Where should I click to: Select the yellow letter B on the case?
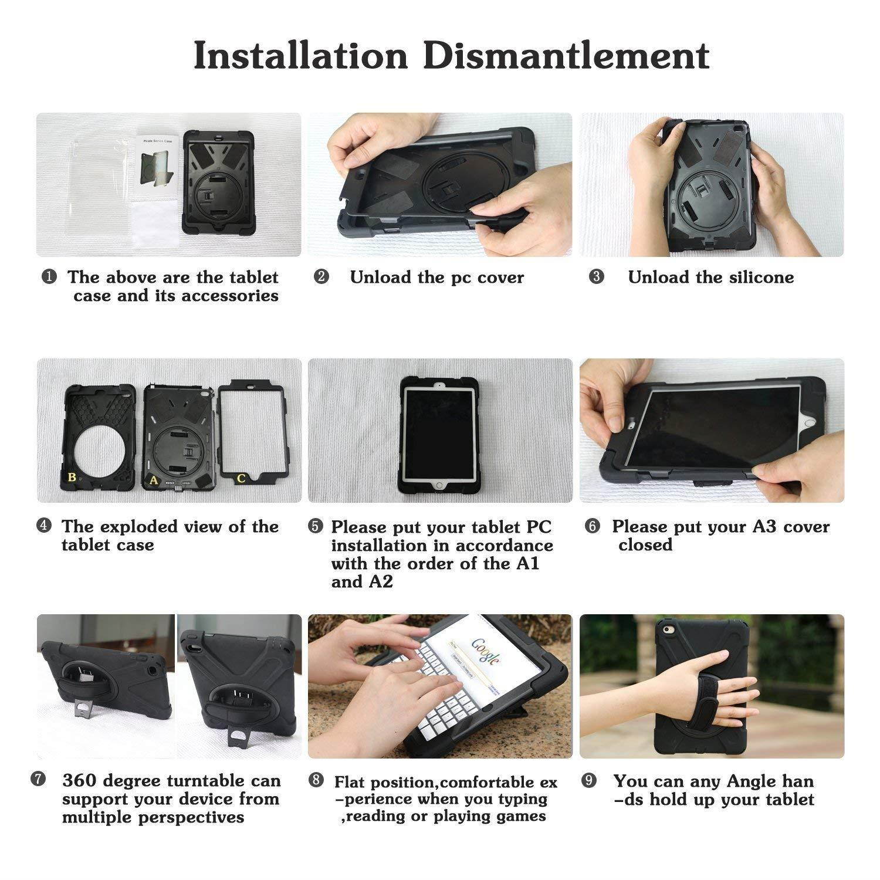[x=72, y=477]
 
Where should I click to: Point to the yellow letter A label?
[x=154, y=480]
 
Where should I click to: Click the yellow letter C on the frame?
[x=241, y=478]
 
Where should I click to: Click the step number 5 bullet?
[x=315, y=527]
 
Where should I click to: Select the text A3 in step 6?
[x=763, y=527]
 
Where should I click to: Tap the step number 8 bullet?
[x=316, y=781]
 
